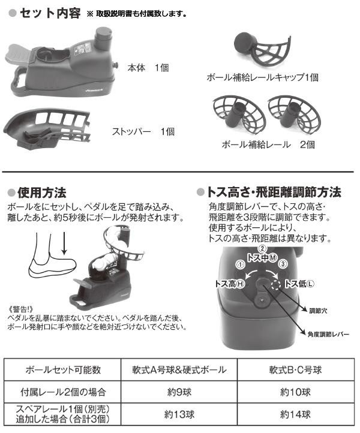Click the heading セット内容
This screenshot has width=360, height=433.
[x=50, y=13]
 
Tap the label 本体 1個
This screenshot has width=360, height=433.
[x=148, y=68]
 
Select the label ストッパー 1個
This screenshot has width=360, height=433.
[x=143, y=131]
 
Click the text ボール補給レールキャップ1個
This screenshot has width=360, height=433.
[x=262, y=77]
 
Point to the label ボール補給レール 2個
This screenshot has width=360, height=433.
[x=268, y=144]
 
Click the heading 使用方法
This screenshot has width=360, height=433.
[x=42, y=193]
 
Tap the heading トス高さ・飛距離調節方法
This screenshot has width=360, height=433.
[x=274, y=192]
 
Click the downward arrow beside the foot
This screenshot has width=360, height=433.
[x=64, y=243]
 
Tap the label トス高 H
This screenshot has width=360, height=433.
[x=230, y=284]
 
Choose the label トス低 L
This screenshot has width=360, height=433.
[x=299, y=284]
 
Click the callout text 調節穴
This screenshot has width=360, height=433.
[x=318, y=311]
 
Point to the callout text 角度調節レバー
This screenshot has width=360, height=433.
[x=329, y=334]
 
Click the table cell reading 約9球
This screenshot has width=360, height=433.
[x=179, y=392]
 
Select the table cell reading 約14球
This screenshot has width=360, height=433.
[x=296, y=414]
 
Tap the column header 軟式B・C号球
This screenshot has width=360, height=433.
[x=296, y=370]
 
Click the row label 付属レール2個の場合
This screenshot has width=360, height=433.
[x=63, y=392]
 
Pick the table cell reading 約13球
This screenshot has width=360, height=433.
[x=179, y=414]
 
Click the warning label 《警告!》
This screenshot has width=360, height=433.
[x=21, y=309]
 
